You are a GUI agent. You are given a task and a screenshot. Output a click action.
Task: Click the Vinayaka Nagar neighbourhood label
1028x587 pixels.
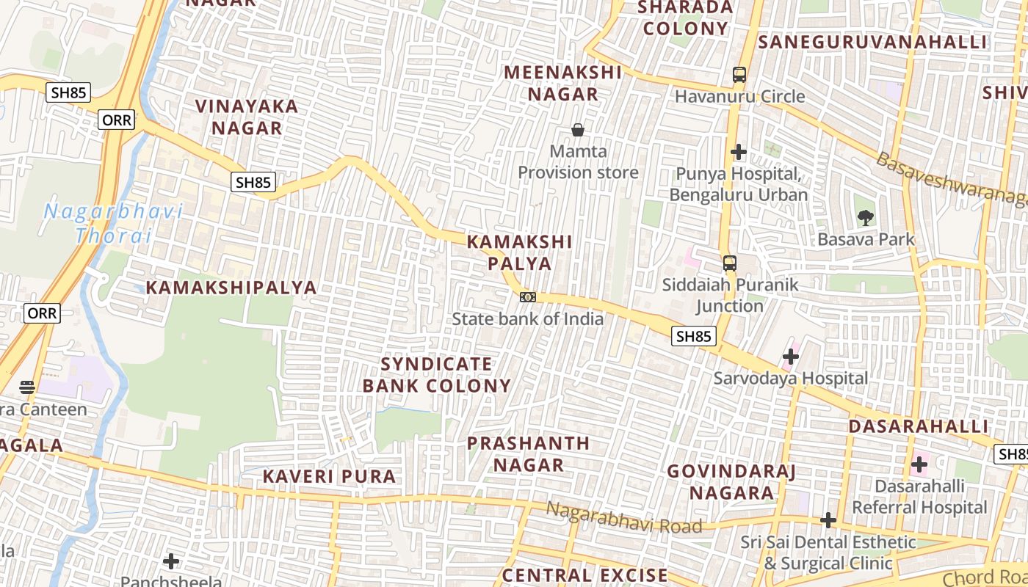pyautogui.click(x=247, y=117)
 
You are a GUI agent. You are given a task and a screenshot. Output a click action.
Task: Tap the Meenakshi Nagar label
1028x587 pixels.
pyautogui.click(x=563, y=83)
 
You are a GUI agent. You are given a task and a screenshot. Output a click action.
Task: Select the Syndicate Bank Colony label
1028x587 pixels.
pyautogui.click(x=437, y=375)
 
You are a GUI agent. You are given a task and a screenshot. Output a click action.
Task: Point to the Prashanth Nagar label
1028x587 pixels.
pyautogui.click(x=528, y=453)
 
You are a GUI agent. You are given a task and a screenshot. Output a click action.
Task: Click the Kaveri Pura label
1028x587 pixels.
pyautogui.click(x=329, y=476)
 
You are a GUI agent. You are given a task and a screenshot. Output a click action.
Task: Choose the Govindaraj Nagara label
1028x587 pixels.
pyautogui.click(x=731, y=481)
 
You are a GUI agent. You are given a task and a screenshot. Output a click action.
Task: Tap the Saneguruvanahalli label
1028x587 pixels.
pyautogui.click(x=872, y=42)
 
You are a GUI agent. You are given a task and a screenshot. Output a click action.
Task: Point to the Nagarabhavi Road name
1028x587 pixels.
pyautogui.click(x=623, y=517)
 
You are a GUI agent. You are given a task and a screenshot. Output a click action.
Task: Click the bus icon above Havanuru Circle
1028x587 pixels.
pyautogui.click(x=739, y=75)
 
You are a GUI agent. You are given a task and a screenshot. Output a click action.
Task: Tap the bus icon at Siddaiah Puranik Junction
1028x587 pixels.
pyautogui.click(x=729, y=263)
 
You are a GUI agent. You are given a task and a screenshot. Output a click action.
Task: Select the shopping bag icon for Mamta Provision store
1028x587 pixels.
pyautogui.click(x=578, y=130)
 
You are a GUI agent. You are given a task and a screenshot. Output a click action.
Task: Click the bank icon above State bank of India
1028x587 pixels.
pyautogui.click(x=527, y=297)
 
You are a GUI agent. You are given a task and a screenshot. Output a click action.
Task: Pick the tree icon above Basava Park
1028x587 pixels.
pyautogui.click(x=866, y=217)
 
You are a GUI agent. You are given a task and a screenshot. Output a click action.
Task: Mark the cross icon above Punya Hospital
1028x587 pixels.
pyautogui.click(x=739, y=152)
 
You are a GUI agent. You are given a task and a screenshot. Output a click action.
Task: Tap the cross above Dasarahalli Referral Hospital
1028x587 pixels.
pyautogui.click(x=919, y=464)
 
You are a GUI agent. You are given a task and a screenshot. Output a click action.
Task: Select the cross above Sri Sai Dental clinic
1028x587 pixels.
pyautogui.click(x=828, y=520)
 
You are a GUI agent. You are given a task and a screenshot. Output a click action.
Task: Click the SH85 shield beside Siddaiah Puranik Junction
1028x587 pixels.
pyautogui.click(x=693, y=336)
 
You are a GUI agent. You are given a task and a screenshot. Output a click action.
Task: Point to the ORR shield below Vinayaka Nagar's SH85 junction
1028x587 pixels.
pyautogui.click(x=117, y=120)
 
